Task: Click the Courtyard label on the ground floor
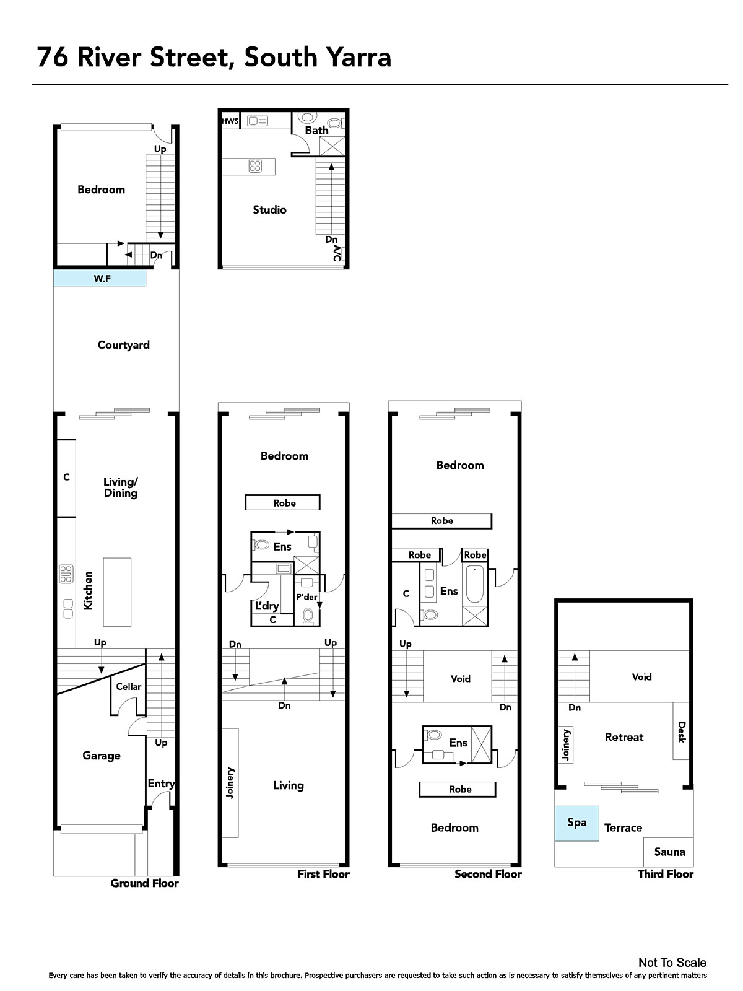[124, 345]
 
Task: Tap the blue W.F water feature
[100, 277]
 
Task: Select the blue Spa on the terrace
[577, 823]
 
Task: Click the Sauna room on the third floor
[669, 852]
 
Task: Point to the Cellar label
[129, 686]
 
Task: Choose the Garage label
[102, 756]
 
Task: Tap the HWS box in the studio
[230, 121]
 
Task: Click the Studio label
[270, 209]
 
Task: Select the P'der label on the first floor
[306, 597]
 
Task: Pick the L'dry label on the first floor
[267, 605]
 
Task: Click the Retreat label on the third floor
[624, 737]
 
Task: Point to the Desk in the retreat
[681, 730]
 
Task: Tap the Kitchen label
[89, 590]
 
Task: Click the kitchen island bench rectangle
[117, 592]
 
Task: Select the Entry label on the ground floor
[161, 784]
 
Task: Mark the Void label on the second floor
[461, 679]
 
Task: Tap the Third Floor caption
[666, 874]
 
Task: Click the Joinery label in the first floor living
[230, 782]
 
